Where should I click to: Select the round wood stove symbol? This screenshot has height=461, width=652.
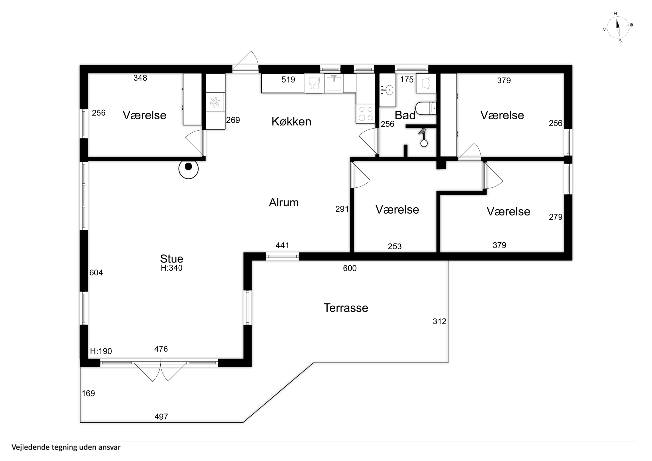click(x=189, y=169)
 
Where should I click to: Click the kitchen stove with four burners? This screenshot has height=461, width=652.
click(x=365, y=113)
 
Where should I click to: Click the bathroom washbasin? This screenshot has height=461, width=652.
click(x=388, y=90)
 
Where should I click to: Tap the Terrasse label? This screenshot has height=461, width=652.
click(x=346, y=308)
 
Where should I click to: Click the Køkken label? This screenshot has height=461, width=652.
click(x=291, y=122)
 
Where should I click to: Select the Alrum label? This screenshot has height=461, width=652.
click(x=284, y=203)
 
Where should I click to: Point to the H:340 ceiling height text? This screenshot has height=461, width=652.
click(x=172, y=268)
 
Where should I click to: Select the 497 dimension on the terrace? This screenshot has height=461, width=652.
click(x=161, y=417)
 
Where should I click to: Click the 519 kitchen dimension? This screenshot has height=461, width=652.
click(x=288, y=80)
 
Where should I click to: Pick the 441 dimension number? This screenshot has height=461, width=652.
click(x=282, y=245)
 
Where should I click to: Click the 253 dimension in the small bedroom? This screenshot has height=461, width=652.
click(x=395, y=247)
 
